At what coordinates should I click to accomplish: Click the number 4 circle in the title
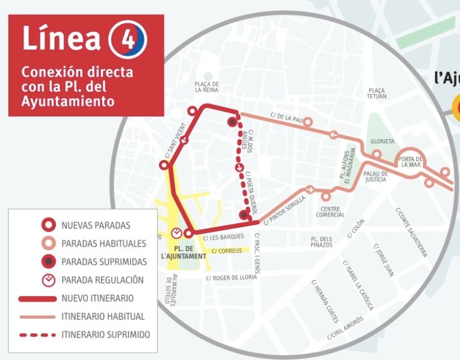(128, 38)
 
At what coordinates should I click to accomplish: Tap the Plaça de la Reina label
(206, 87)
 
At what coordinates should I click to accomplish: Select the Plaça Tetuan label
(378, 93)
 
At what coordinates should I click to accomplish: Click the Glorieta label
(382, 141)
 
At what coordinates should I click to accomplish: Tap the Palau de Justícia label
(375, 176)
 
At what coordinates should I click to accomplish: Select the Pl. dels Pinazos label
(321, 241)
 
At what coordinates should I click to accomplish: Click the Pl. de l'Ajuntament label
(183, 252)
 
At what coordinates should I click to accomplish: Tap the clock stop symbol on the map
(177, 233)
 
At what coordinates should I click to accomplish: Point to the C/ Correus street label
(227, 251)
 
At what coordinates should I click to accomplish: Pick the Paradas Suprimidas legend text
(104, 261)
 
